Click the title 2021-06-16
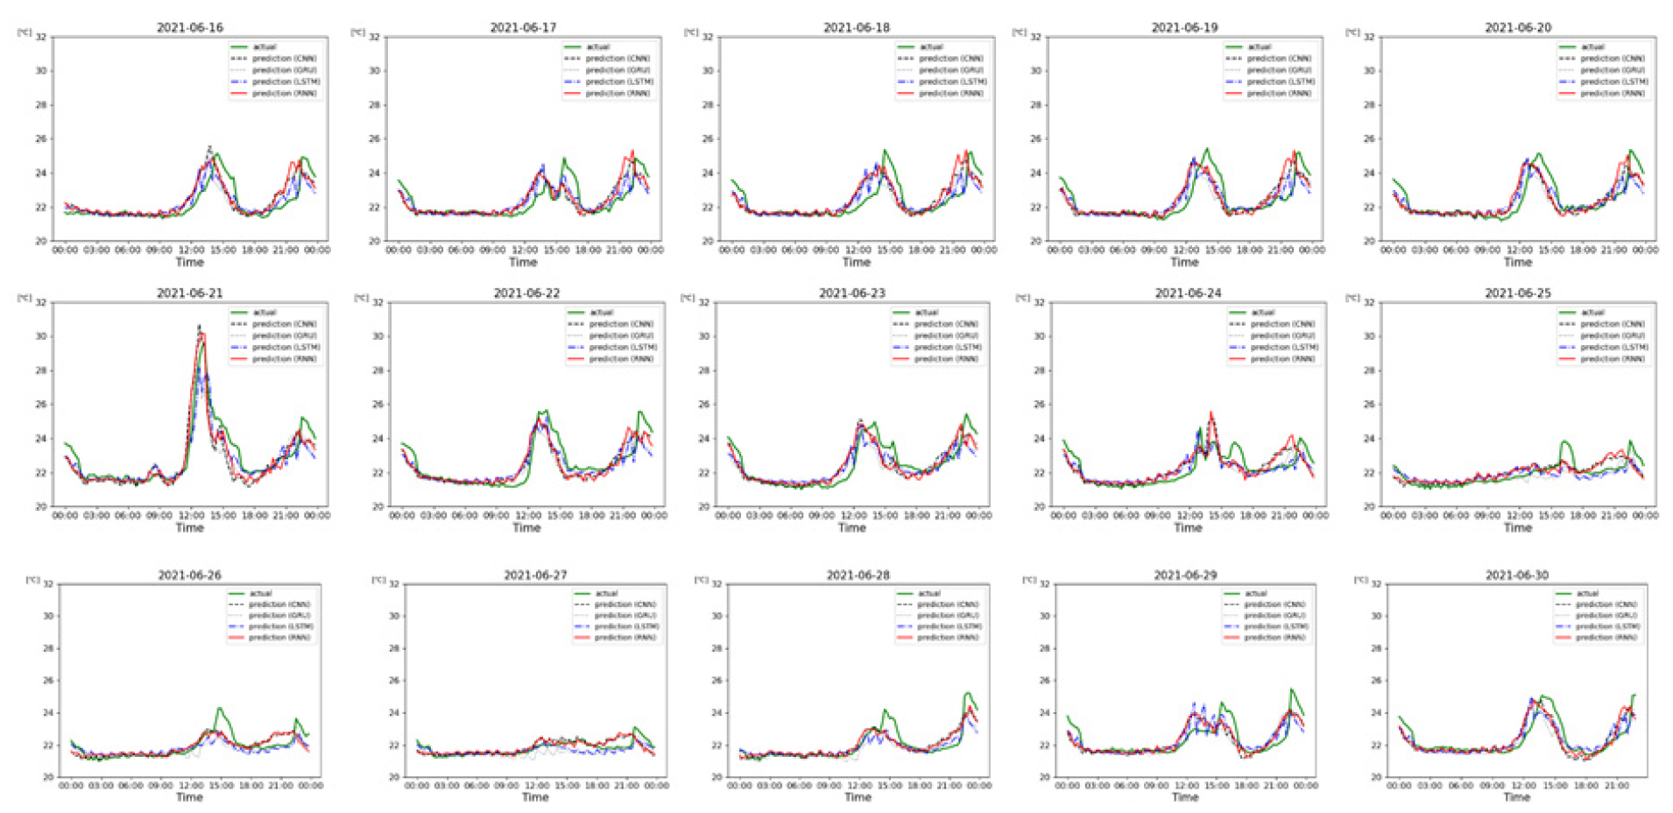pyautogui.click(x=189, y=28)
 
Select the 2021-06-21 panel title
pyautogui.click(x=189, y=293)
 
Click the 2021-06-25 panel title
pyautogui.click(x=1517, y=293)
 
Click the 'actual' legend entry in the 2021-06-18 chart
pyautogui.click(x=931, y=47)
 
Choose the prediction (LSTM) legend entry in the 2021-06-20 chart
pyautogui.click(x=1613, y=81)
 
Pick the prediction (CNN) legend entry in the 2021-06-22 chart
pyautogui.click(x=620, y=324)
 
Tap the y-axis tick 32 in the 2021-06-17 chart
pyautogui.click(x=374, y=38)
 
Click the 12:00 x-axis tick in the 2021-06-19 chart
pyautogui.click(x=1185, y=251)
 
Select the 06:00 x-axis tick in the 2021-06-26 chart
pyautogui.click(x=131, y=786)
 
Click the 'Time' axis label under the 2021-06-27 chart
pyautogui.click(x=535, y=797)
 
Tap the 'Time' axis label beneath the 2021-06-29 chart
pyautogui.click(x=1184, y=797)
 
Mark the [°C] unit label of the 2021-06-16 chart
pyautogui.click(x=25, y=32)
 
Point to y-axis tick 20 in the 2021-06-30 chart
pyautogui.click(x=1375, y=777)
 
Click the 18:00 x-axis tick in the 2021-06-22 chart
pyautogui.click(x=591, y=516)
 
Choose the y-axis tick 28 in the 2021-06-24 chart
pyautogui.click(x=1039, y=371)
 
